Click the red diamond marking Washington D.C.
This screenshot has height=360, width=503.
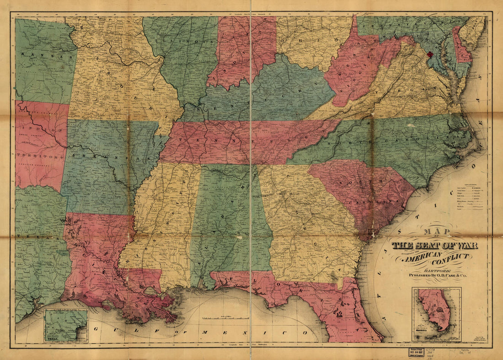(429, 54)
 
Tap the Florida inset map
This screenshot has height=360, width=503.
(436, 314)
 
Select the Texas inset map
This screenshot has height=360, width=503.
(66, 325)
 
